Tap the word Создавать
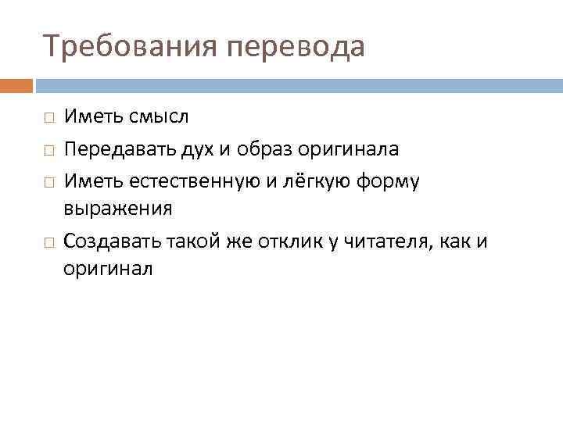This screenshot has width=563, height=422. tap(111, 241)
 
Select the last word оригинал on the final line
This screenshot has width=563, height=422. tap(109, 270)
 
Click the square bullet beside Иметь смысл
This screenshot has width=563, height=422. tap(48, 118)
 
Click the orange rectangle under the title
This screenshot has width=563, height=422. tap(16, 85)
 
